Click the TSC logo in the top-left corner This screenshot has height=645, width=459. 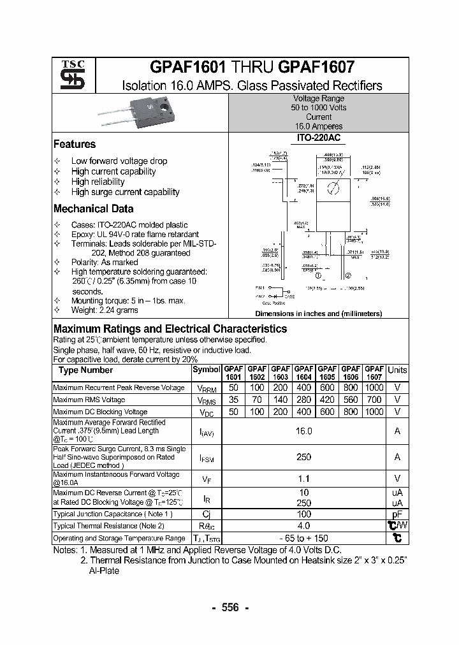68,75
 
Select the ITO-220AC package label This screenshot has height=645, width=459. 319,138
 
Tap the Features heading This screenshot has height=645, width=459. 75,144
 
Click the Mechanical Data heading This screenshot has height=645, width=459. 93,208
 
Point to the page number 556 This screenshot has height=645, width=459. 229,607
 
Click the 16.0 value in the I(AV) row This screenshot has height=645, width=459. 303,431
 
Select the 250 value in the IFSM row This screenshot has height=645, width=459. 303,457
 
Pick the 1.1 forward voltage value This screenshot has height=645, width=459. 303,479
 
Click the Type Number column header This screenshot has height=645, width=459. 85,370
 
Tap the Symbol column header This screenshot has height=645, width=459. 206,370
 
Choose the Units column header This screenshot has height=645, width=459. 397,370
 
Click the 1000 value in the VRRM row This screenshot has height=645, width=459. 374,388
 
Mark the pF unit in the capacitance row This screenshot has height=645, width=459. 397,514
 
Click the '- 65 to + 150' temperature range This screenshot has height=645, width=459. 303,538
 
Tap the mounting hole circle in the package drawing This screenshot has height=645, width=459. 331,187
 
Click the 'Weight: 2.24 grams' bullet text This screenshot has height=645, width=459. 105,310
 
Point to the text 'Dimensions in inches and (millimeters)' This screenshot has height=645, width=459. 318,314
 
